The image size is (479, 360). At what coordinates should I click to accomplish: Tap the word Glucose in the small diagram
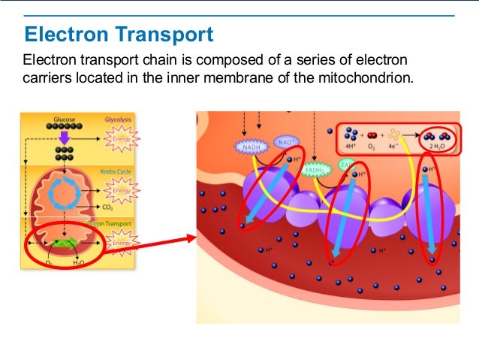pyautogui.click(x=65, y=119)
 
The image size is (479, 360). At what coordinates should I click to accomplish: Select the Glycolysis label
pyautogui.click(x=119, y=119)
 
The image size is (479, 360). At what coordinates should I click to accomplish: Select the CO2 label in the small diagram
pyautogui.click(x=107, y=207)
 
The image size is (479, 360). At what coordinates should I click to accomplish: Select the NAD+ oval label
pyautogui.click(x=285, y=141)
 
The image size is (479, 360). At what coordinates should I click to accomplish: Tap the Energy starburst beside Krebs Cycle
pyautogui.click(x=121, y=193)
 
